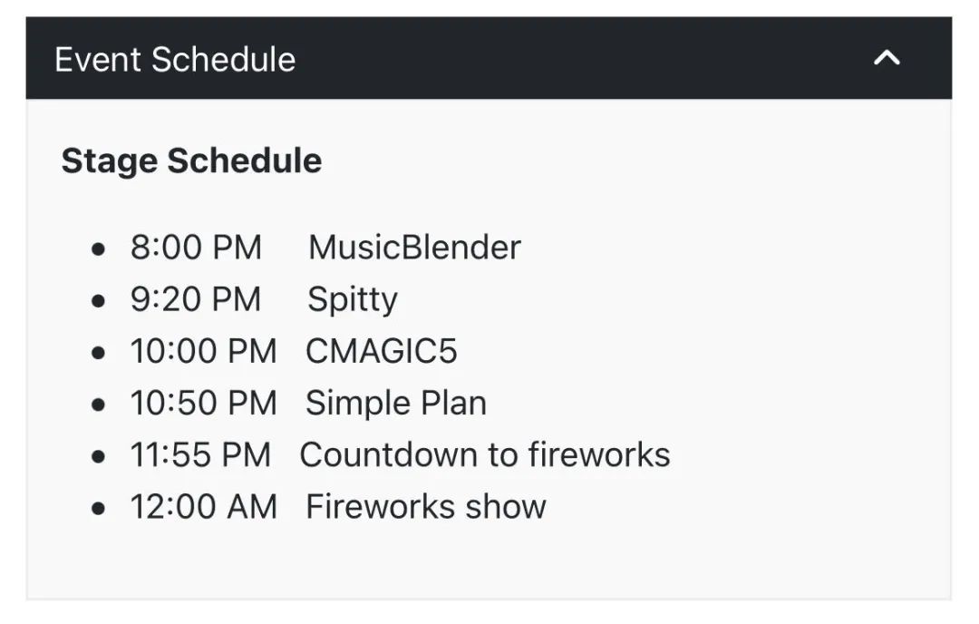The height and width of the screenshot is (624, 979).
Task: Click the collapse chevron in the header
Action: [887, 58]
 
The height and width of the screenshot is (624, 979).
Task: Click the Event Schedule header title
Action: [175, 60]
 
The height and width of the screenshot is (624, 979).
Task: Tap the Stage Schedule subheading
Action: [191, 161]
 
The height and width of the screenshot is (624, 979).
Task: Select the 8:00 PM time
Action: [196, 248]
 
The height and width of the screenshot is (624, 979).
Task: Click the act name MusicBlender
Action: [414, 248]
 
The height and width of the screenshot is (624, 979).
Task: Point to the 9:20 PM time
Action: [196, 299]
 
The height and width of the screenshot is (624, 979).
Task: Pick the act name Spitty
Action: [352, 300]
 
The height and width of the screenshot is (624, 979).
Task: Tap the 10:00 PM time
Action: [204, 351]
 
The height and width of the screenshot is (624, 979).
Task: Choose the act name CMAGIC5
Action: [382, 351]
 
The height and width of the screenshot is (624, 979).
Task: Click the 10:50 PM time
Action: [204, 403]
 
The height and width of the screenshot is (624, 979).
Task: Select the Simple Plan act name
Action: [396, 403]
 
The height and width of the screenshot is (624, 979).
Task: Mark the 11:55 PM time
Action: [200, 454]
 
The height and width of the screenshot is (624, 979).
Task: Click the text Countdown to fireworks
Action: [485, 454]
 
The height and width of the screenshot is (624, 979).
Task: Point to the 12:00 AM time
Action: [204, 507]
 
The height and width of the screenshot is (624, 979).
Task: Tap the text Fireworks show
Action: [426, 507]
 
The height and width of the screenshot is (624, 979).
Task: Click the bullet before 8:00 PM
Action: [98, 249]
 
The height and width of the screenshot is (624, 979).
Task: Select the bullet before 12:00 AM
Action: [98, 509]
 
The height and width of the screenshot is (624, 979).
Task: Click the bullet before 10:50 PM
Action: [98, 405]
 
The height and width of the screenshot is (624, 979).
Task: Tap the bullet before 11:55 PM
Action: [98, 457]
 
